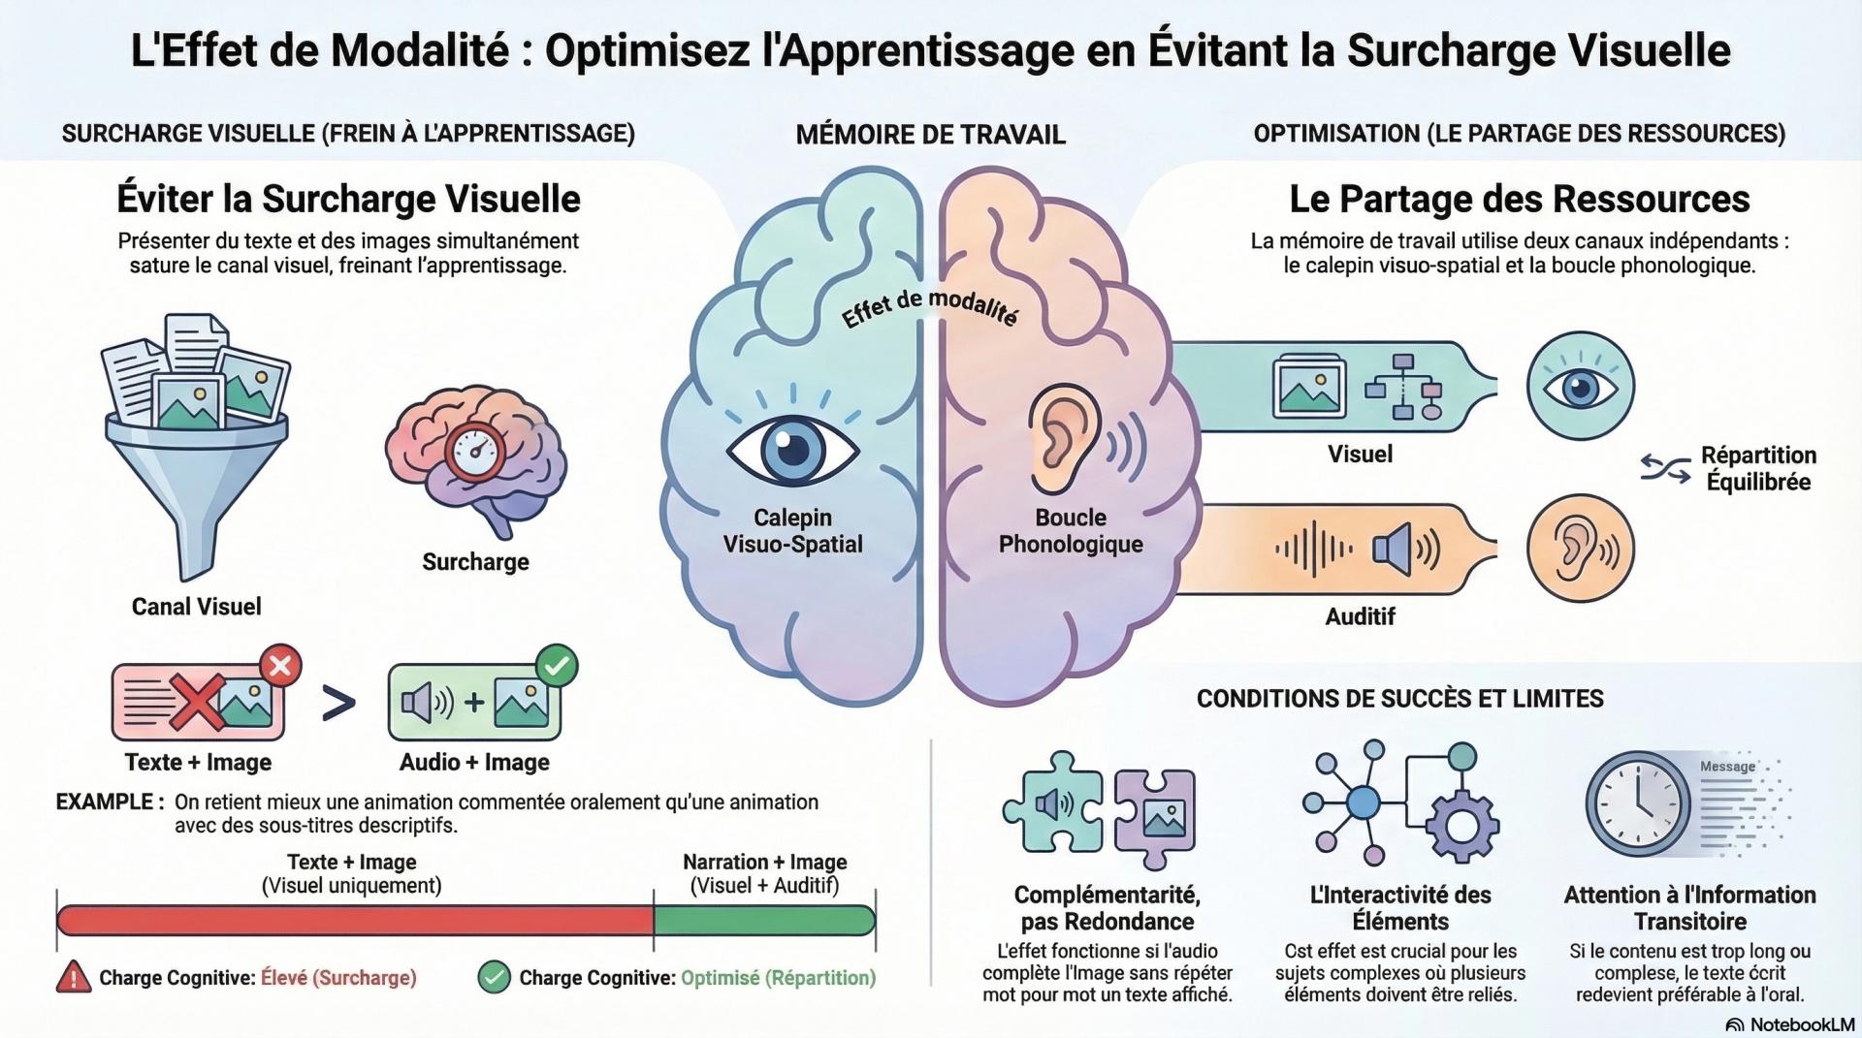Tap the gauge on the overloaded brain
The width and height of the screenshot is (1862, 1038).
474,451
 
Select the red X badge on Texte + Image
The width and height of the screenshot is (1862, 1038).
280,666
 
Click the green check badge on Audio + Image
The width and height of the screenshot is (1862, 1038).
557,666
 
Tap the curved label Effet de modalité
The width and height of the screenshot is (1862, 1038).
929,307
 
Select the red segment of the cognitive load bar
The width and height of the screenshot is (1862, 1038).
355,920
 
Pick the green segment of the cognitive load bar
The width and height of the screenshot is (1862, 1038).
764,920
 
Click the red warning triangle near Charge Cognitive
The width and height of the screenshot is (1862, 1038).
74,977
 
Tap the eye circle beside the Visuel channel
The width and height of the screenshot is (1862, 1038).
1580,386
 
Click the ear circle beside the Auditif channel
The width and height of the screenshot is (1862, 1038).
1580,549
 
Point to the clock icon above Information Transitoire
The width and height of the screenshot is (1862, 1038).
1638,803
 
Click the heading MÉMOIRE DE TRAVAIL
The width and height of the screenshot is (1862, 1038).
930,135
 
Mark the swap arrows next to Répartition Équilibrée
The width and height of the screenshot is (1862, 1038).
1665,469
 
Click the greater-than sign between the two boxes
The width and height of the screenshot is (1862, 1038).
337,705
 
